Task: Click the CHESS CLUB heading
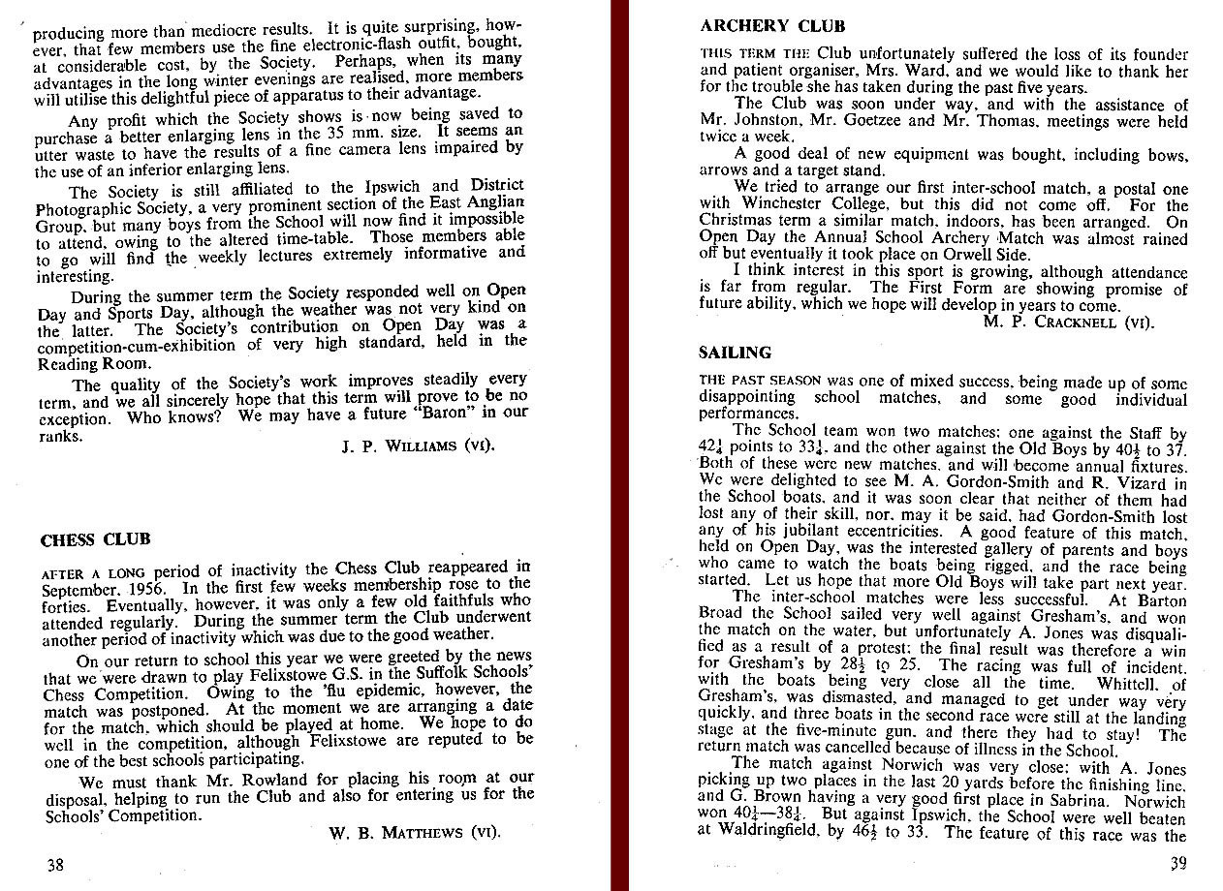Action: [95, 539]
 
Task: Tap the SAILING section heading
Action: [735, 353]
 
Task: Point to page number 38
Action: [56, 865]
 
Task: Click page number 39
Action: [1177, 864]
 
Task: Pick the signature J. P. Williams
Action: [418, 446]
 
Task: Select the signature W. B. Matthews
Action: [416, 832]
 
